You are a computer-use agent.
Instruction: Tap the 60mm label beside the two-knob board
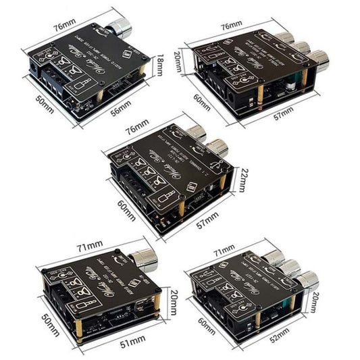click(127, 203)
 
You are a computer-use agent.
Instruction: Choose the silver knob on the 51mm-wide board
click(144, 257)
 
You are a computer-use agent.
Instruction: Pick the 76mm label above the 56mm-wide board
click(65, 26)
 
